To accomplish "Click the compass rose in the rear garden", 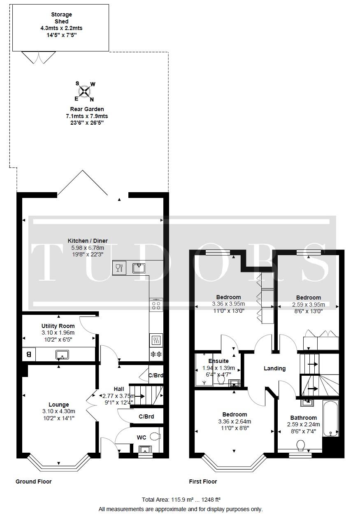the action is click(84, 91).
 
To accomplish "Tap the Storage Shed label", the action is click(61, 18).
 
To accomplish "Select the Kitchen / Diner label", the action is click(88, 241).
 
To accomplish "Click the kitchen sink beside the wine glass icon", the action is click(139, 268).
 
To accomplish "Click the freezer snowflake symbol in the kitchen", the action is click(156, 354).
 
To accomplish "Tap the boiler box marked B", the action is click(29, 354).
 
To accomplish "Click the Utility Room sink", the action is click(62, 355).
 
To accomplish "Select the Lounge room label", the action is click(58, 405).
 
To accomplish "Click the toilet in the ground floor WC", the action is click(155, 436).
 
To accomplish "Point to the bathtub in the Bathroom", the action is click(330, 418).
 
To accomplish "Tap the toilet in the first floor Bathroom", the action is click(301, 445).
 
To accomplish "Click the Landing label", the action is click(275, 368).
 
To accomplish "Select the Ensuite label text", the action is click(218, 361).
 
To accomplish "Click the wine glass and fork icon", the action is click(119, 268).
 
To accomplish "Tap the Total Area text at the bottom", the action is click(181, 499).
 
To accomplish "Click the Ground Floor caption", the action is click(33, 481).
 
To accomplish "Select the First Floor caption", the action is click(203, 481).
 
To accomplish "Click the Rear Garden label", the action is click(87, 109).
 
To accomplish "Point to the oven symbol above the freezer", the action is click(156, 340).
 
